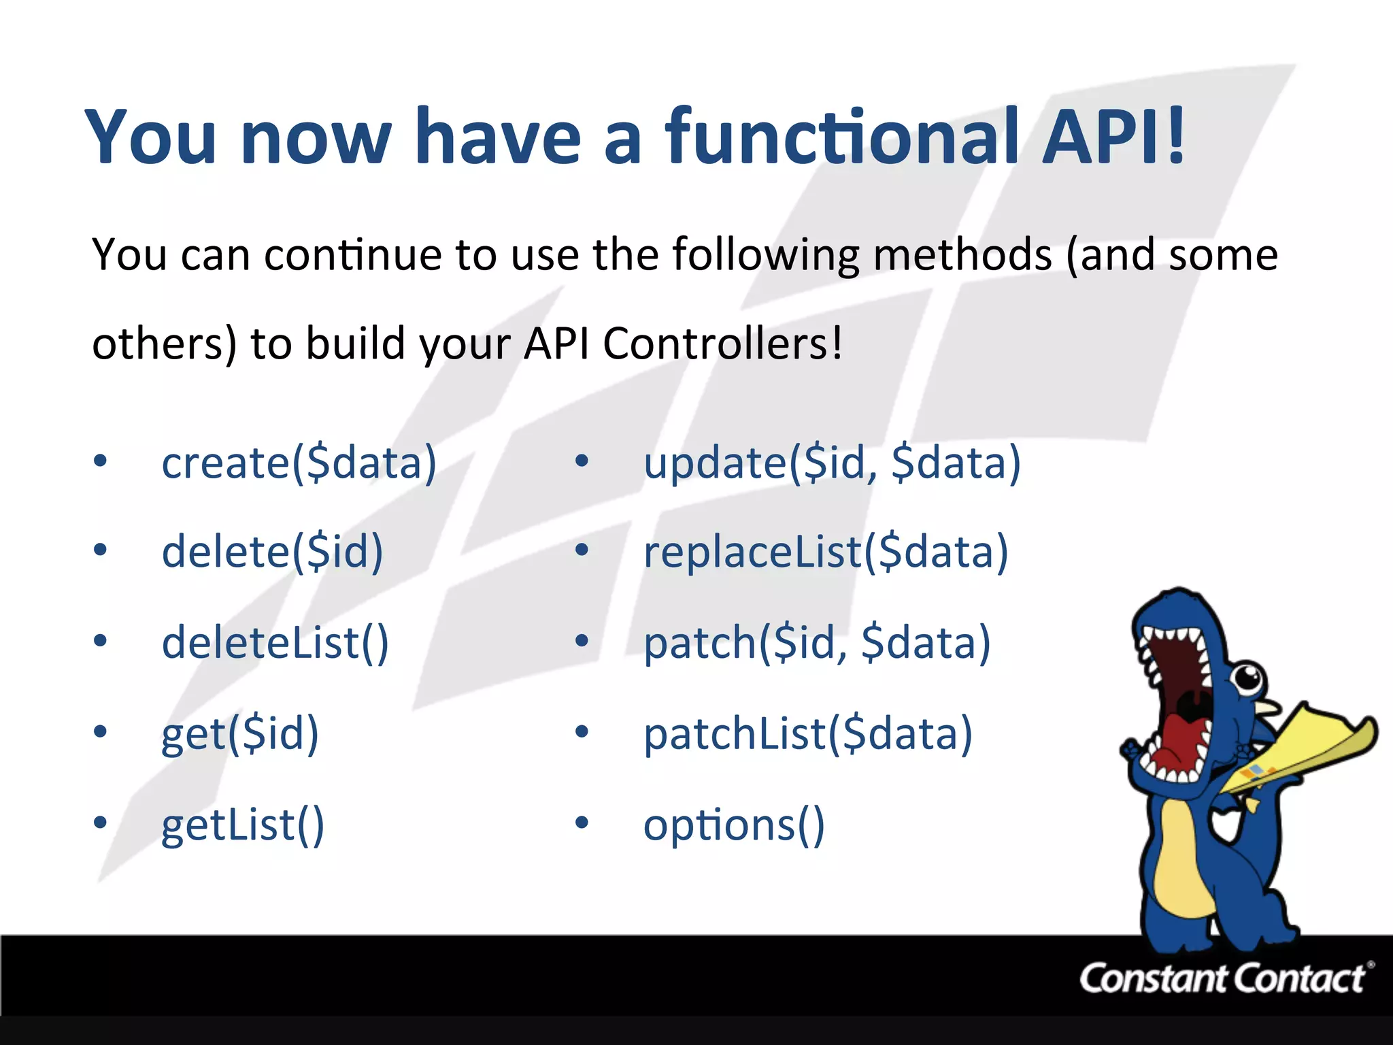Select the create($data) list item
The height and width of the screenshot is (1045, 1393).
299,463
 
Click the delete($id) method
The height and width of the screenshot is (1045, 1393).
272,551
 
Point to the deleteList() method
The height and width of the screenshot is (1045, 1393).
275,642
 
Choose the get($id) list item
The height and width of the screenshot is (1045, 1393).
239,733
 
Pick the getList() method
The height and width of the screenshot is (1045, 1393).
243,825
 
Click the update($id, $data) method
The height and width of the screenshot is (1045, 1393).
832,463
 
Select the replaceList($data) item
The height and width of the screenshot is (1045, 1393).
826,551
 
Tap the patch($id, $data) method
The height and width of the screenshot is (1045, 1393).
817,642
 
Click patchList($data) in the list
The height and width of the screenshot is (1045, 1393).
808,733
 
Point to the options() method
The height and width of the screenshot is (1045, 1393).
734,825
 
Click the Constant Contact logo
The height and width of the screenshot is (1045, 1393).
1224,978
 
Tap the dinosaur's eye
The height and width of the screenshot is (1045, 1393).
1247,677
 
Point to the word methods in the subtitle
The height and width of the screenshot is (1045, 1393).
962,254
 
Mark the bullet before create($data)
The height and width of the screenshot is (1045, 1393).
101,461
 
